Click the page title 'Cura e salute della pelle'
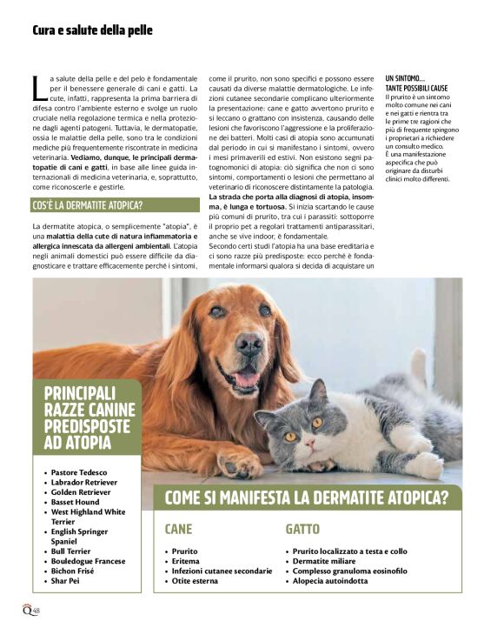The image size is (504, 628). tap(92, 30)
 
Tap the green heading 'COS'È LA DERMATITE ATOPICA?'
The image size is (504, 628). tap(88, 206)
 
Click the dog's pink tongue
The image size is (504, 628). tap(247, 380)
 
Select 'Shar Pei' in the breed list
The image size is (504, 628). tap(67, 581)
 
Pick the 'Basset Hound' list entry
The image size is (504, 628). tap(75, 502)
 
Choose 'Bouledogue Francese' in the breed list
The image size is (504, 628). tap(87, 561)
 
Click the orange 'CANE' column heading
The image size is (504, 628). tap(178, 529)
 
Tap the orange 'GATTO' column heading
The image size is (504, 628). tap(302, 529)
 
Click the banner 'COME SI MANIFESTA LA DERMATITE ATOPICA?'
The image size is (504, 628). tap(306, 498)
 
